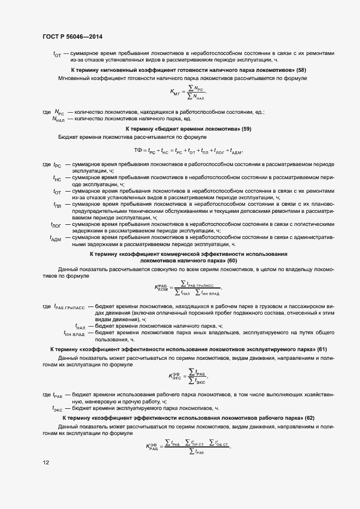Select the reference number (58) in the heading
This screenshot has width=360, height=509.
[x=301, y=70]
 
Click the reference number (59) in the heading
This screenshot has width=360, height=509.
[x=246, y=129]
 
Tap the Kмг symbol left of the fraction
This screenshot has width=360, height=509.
[x=175, y=92]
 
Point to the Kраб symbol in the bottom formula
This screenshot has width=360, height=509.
[x=154, y=447]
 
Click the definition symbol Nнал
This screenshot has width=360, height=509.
[x=58, y=119]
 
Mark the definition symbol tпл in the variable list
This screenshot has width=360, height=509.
[x=57, y=205]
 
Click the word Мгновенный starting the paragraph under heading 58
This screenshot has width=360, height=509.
[x=75, y=78]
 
